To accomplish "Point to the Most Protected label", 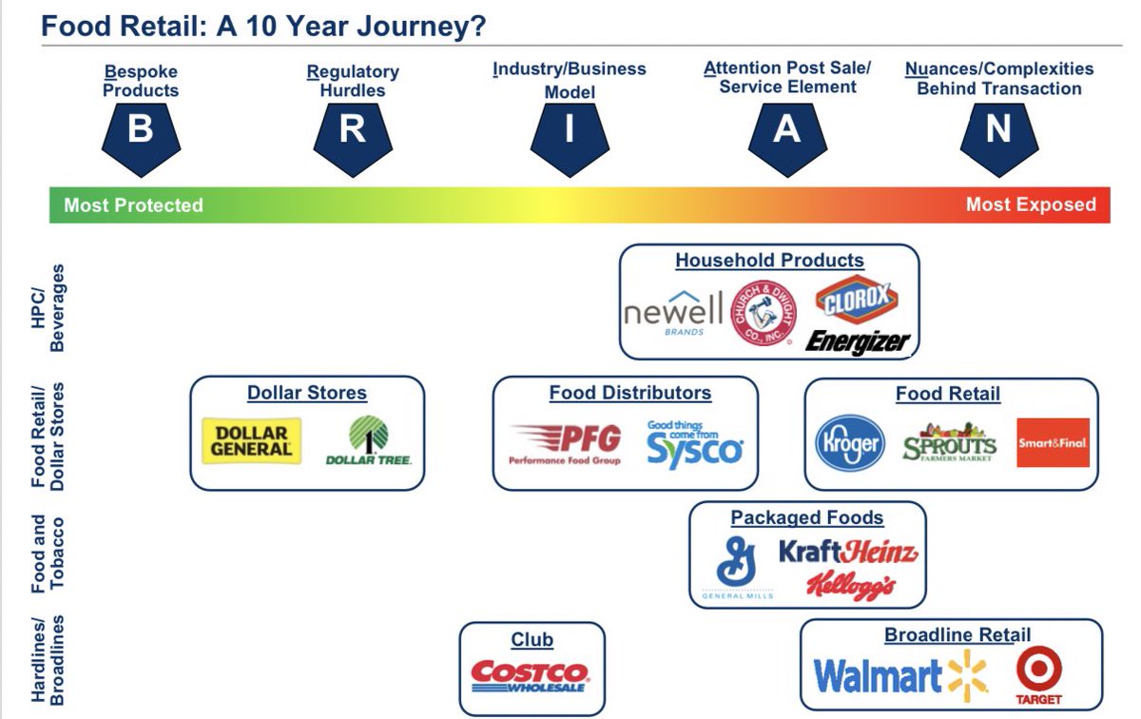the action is click(x=133, y=204).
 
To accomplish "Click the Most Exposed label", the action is click(x=1031, y=204).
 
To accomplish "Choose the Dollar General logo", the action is click(x=252, y=441).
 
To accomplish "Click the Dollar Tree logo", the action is click(x=368, y=440).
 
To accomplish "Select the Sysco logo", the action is click(x=695, y=444).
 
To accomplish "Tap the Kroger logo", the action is click(x=850, y=443).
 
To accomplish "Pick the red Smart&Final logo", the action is click(x=1053, y=443).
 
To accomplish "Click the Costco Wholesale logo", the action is click(x=530, y=676).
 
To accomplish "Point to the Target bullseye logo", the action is click(x=1039, y=675).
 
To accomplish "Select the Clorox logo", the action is click(x=857, y=300).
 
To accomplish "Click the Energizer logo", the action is click(x=858, y=342).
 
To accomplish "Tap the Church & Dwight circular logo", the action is click(x=763, y=312).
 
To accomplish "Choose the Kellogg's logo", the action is click(x=851, y=586).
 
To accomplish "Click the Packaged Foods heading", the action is click(x=807, y=517).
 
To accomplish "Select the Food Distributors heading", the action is click(x=630, y=393).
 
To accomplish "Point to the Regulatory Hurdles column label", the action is click(x=353, y=81).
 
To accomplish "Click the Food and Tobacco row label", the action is click(x=48, y=554).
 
